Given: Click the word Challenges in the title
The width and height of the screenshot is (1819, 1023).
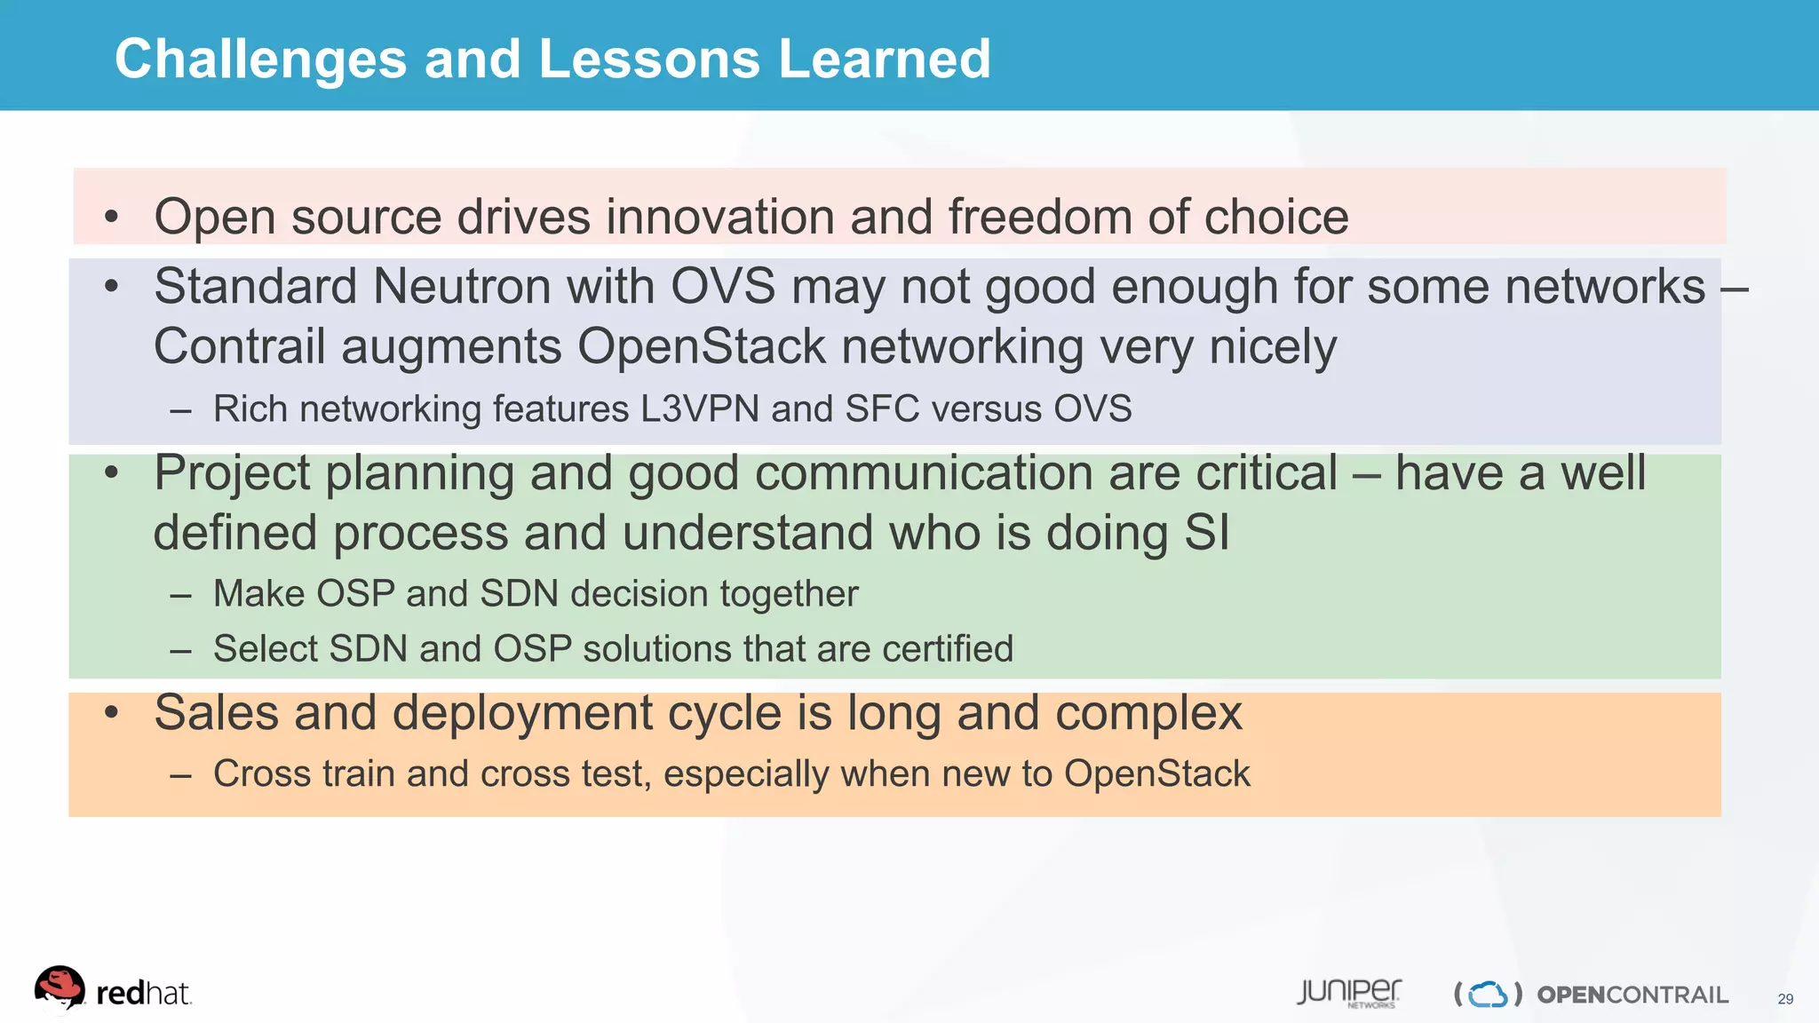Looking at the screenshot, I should (260, 59).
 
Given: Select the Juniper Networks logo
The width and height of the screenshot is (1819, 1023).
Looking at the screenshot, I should (1348, 993).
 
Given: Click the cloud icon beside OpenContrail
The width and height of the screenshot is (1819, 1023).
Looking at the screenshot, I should (1488, 994).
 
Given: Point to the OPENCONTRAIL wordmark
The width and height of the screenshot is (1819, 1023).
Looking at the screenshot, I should (1632, 995).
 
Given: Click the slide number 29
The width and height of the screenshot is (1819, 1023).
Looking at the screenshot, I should (1785, 999).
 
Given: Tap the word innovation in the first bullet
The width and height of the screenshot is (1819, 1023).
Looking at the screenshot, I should (719, 217).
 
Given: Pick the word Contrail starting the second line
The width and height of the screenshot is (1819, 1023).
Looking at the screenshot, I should (239, 346).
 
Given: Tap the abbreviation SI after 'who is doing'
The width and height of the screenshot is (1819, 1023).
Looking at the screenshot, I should (1207, 533).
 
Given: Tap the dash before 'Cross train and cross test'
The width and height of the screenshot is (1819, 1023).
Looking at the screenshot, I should (180, 775).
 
